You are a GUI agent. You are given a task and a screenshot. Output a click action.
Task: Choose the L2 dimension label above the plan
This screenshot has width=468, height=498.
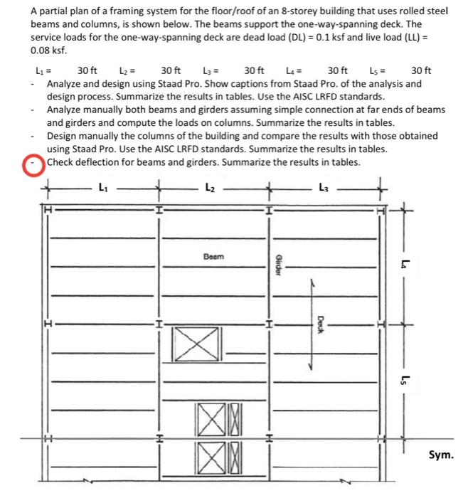209,189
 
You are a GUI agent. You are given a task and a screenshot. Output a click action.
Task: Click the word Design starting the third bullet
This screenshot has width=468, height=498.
63,136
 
